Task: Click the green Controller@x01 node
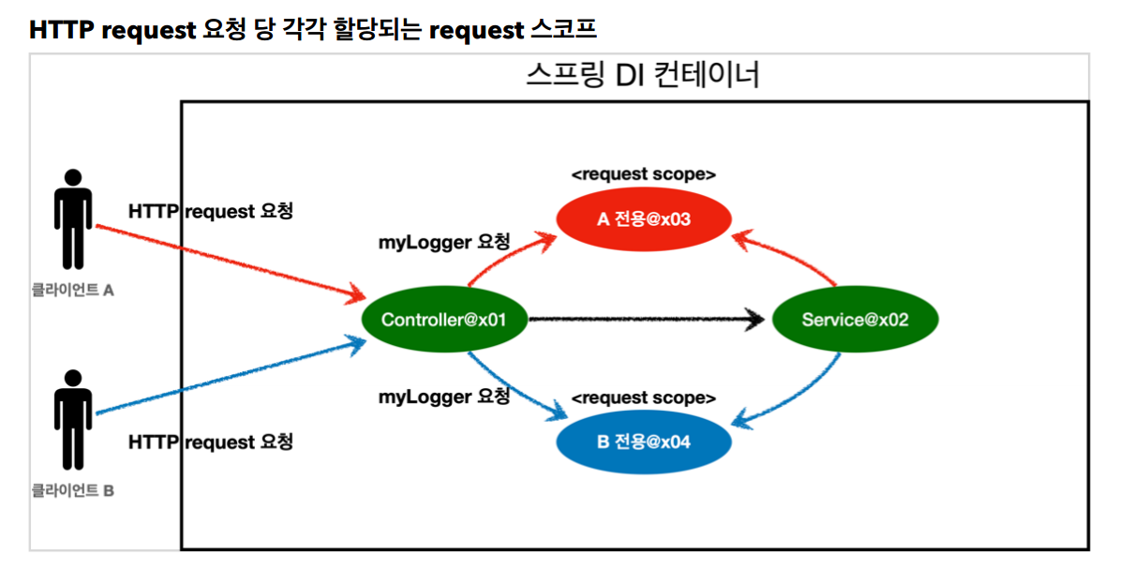pyautogui.click(x=443, y=320)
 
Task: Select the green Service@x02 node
pyautogui.click(x=855, y=320)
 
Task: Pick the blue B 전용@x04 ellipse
pyautogui.click(x=643, y=441)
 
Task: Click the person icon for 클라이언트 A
pyautogui.click(x=72, y=218)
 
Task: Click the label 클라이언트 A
pyautogui.click(x=72, y=291)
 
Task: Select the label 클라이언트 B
pyautogui.click(x=72, y=489)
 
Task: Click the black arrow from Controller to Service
pyautogui.click(x=647, y=321)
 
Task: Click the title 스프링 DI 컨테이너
pyautogui.click(x=643, y=75)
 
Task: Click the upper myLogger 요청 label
pyautogui.click(x=444, y=243)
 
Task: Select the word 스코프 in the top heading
pyautogui.click(x=562, y=29)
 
